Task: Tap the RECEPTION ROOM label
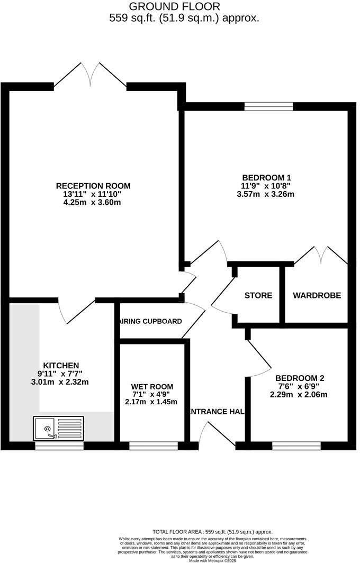[x=93, y=186]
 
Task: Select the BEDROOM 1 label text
[x=267, y=178]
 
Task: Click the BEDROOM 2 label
[x=300, y=378]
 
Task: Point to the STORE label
[x=258, y=295]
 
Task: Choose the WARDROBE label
[x=317, y=295]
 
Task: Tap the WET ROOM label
[x=152, y=387]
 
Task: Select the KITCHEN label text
[x=61, y=366]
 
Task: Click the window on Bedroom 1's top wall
[x=268, y=106]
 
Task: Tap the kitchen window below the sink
[x=59, y=446]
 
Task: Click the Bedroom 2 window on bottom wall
[x=296, y=446]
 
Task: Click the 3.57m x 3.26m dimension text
[x=265, y=194]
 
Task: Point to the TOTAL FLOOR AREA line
[x=212, y=532]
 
